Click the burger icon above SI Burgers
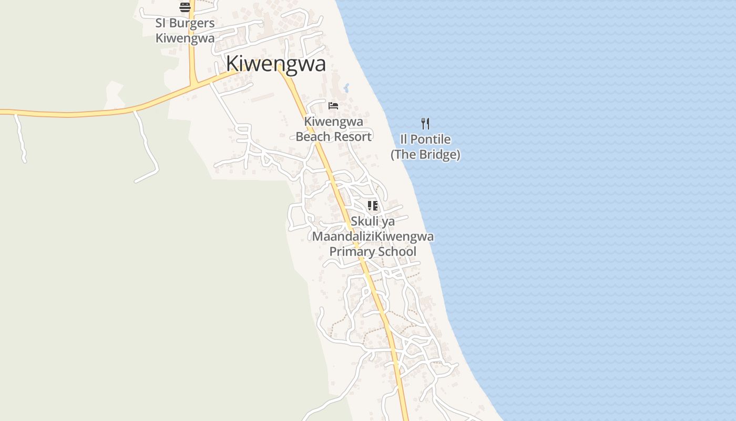click(185, 7)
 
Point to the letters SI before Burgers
click(161, 23)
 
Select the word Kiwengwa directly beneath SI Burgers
click(185, 38)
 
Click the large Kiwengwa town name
click(275, 64)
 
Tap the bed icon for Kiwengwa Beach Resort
click(333, 106)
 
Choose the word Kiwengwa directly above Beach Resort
click(333, 122)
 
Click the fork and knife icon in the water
click(425, 124)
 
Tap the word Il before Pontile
click(404, 139)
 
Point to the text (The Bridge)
click(425, 155)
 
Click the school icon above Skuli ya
click(373, 206)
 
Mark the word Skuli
click(365, 222)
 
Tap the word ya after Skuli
click(388, 222)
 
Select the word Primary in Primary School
click(351, 252)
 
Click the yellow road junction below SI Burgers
click(193, 83)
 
